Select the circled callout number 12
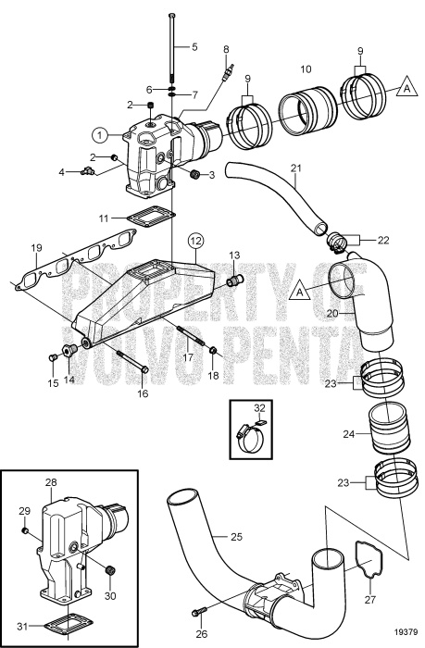click(x=194, y=242)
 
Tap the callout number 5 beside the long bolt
click(x=194, y=45)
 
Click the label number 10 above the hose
click(x=306, y=69)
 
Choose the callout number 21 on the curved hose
click(x=296, y=168)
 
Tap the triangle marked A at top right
click(x=404, y=88)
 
